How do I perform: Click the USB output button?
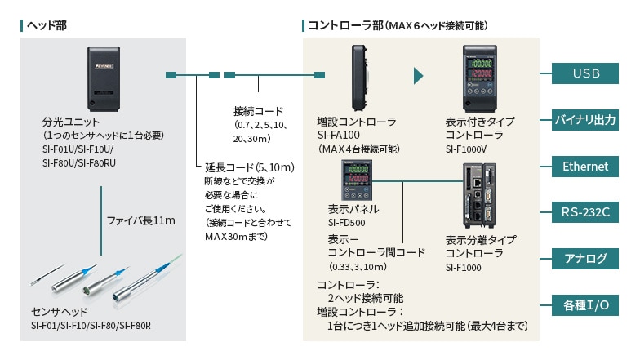pos(586,74)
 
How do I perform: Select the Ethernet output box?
pos(586,167)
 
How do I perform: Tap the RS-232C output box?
pos(586,212)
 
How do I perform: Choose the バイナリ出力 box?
pos(586,120)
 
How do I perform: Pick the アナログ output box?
pos(586,259)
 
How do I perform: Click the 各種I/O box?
pos(586,305)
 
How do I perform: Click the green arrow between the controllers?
pos(419,76)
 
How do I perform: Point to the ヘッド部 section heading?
pos(47,25)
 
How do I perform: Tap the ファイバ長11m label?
pos(140,220)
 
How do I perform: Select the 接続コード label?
pos(258,111)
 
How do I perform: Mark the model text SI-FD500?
pos(347,221)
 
